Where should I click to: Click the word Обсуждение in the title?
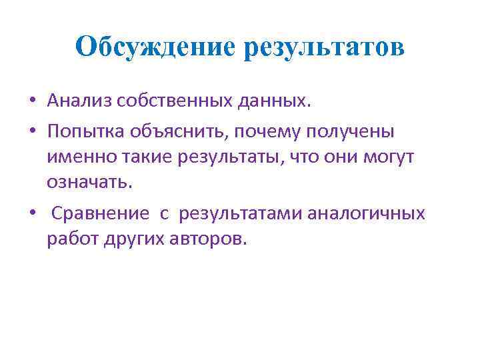tap(155, 47)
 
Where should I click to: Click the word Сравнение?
tap(101, 213)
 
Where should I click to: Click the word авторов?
tap(214, 239)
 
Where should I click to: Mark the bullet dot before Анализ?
tap(32, 102)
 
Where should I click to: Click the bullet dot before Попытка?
tap(32, 132)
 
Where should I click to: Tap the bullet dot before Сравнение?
tap(32, 214)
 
